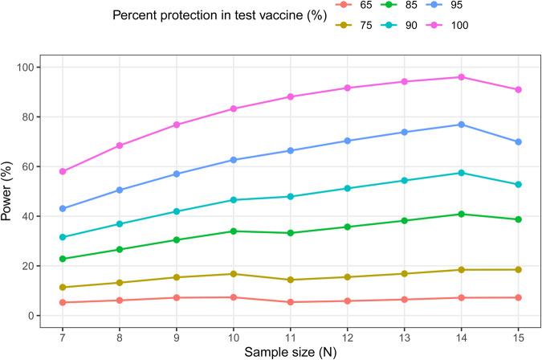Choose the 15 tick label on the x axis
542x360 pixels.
[x=518, y=333]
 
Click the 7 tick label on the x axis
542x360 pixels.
[x=62, y=333]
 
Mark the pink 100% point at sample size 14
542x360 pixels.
[x=461, y=77]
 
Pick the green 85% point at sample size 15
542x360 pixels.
[x=518, y=219]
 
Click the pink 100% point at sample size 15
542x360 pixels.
[x=518, y=89]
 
